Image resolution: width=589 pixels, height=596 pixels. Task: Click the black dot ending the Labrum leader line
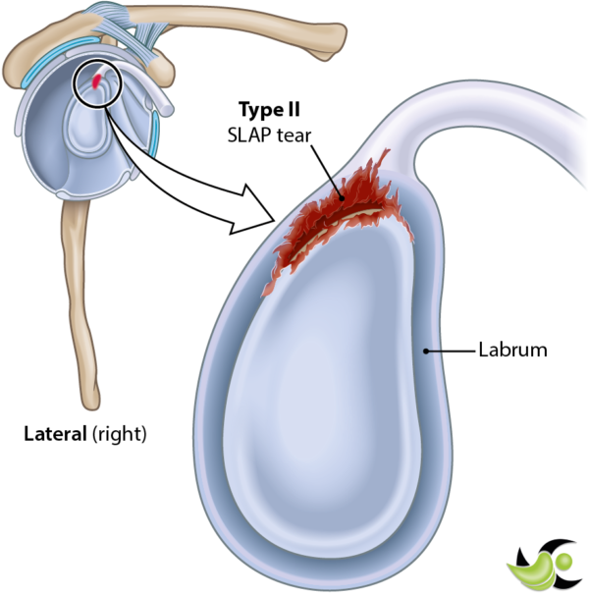tap(425, 350)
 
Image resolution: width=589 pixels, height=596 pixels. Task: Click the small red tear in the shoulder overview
tap(96, 82)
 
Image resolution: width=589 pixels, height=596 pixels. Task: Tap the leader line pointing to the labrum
tap(452, 350)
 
